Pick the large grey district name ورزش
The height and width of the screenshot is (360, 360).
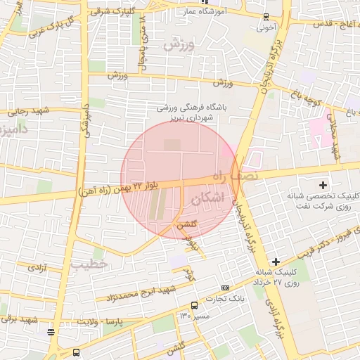[179, 44]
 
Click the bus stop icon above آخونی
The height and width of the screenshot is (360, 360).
[265, 16]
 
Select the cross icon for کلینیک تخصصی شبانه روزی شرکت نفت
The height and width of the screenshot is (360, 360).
[323, 186]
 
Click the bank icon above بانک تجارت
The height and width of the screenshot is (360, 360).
[225, 288]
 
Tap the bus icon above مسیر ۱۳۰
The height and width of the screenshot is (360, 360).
[194, 305]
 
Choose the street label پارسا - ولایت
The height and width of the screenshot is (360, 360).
[117, 322]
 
